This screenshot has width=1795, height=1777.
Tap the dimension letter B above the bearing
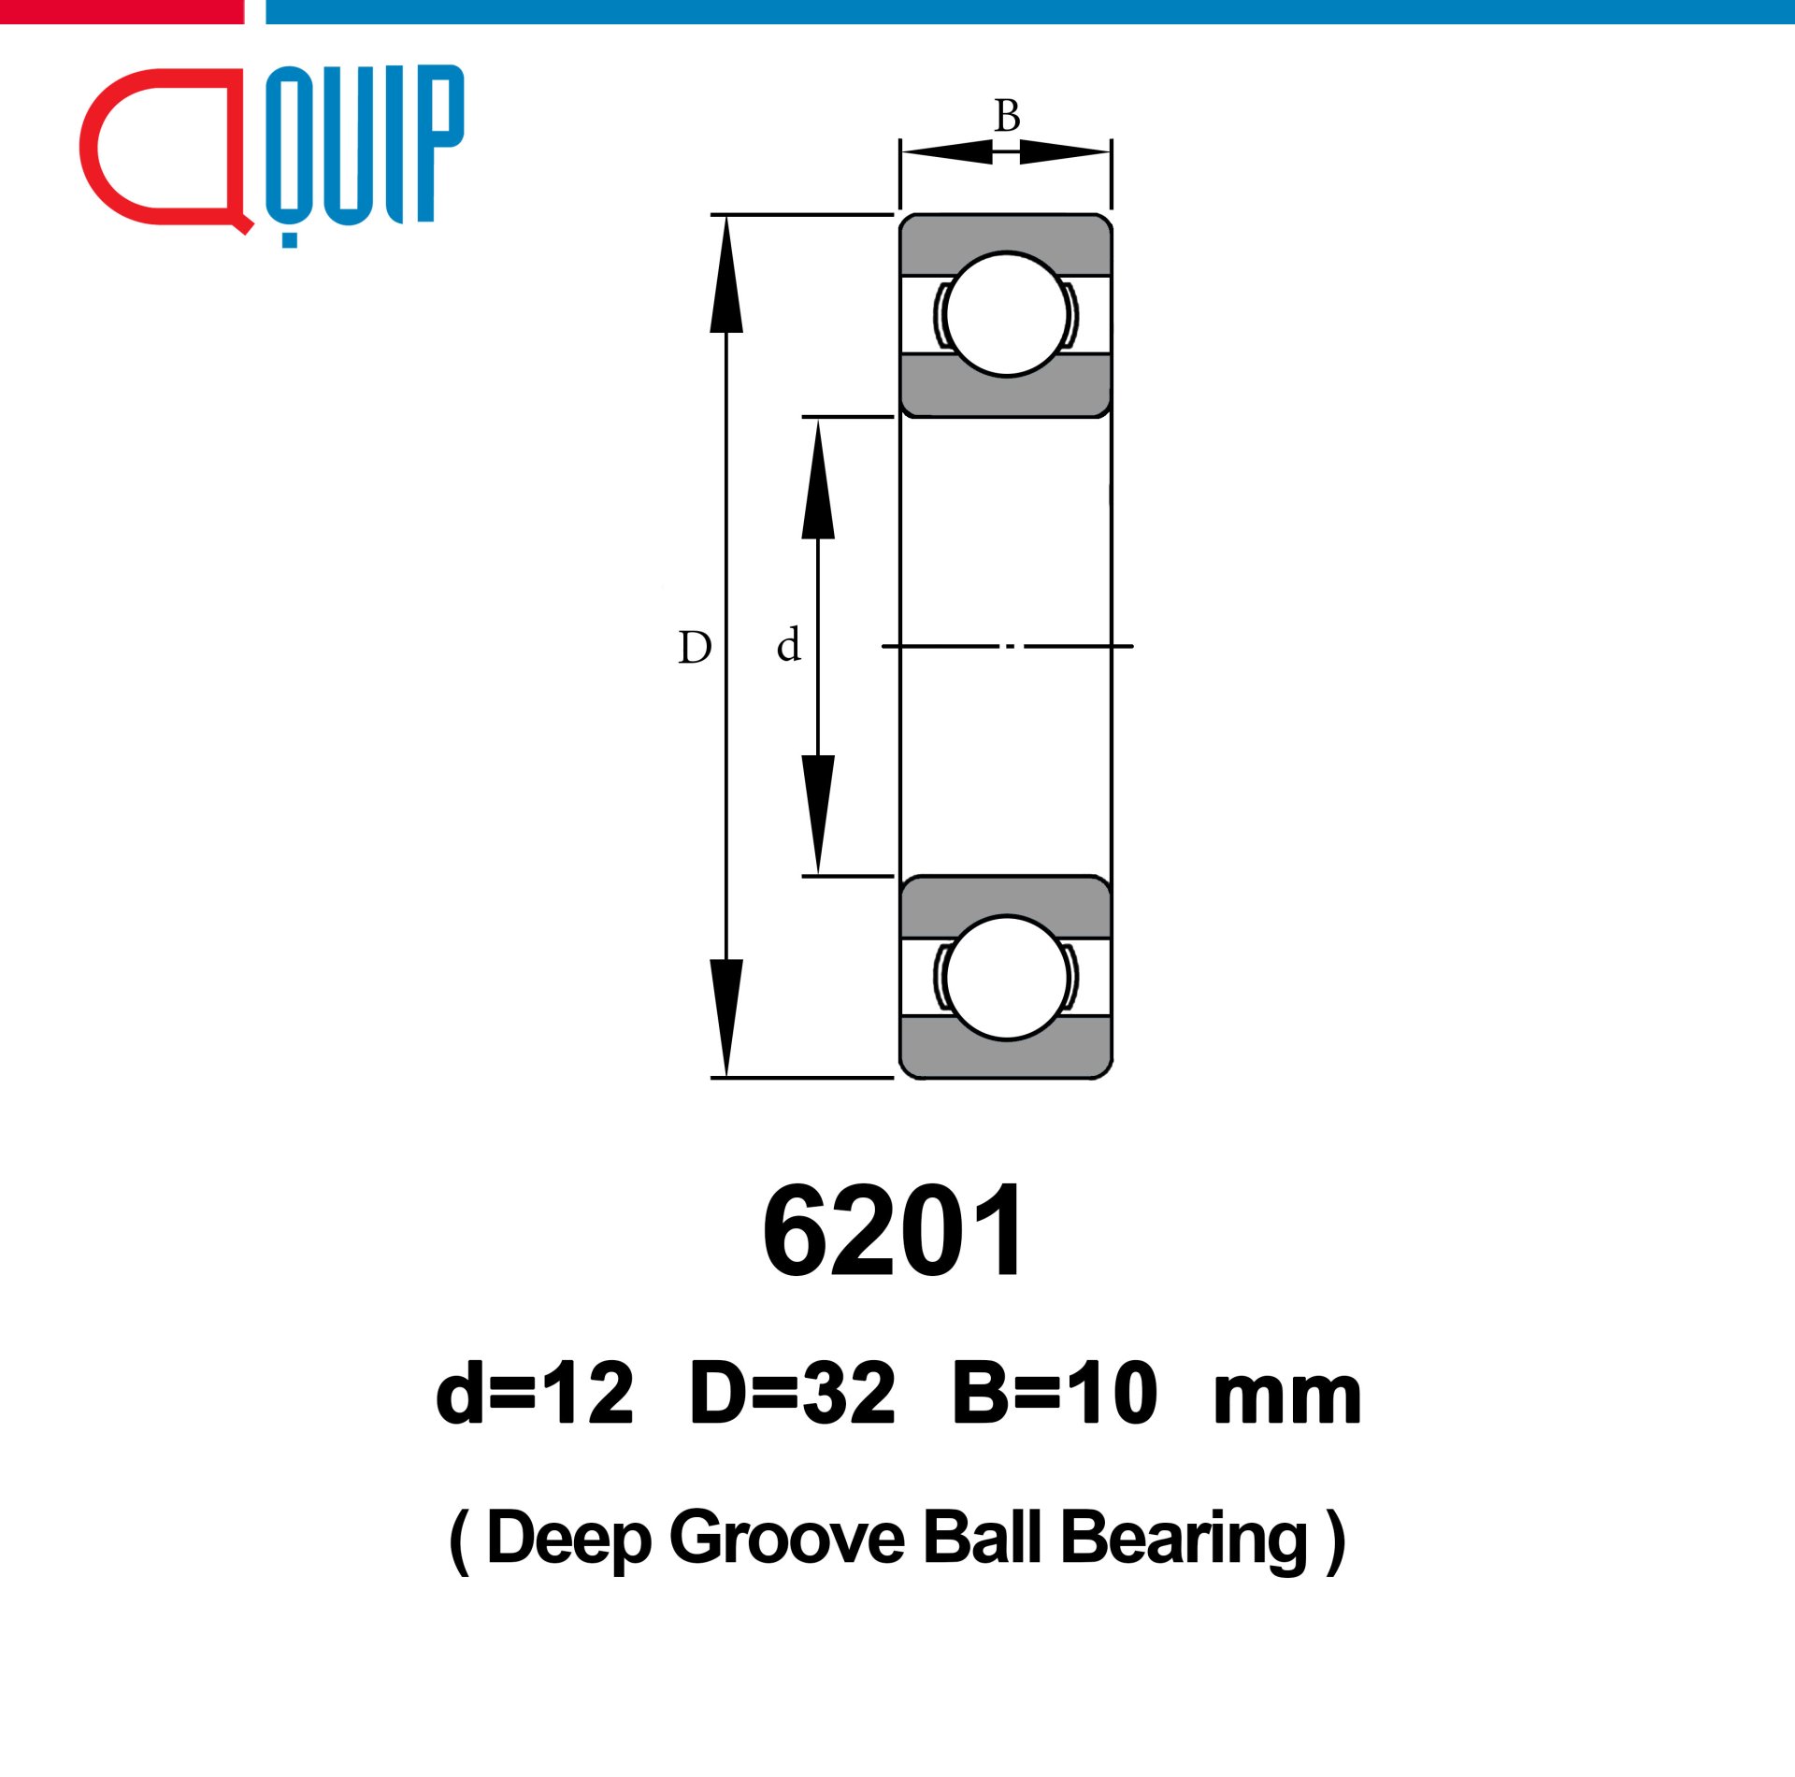click(1007, 116)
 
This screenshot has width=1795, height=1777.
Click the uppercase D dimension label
click(695, 647)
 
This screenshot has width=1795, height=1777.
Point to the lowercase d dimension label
click(789, 644)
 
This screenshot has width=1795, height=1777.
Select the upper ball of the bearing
click(1006, 314)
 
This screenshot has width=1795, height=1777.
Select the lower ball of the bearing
click(1006, 977)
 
